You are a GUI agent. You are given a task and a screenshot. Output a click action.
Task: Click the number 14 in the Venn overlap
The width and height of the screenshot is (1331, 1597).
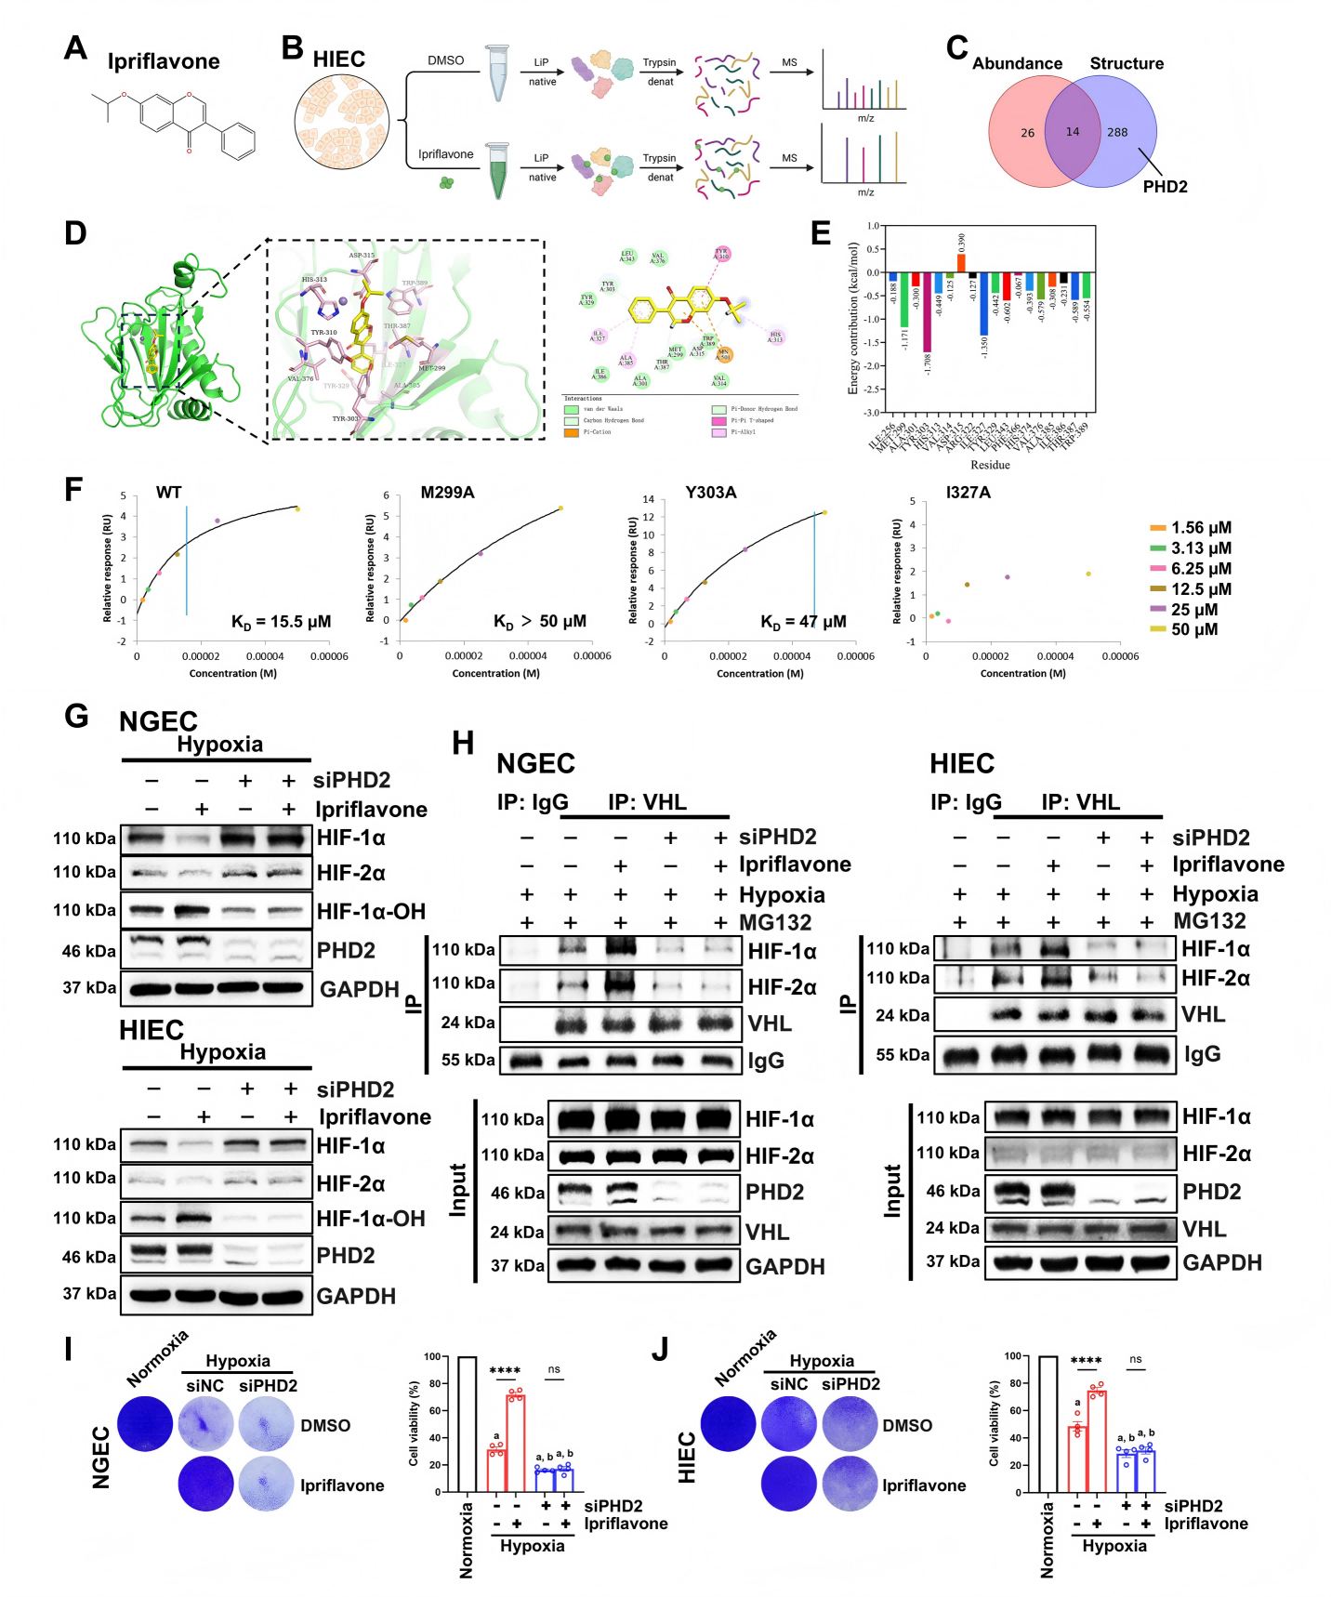pos(1073,132)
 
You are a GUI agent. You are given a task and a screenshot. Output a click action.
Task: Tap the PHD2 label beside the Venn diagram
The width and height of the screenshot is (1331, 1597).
pos(1165,187)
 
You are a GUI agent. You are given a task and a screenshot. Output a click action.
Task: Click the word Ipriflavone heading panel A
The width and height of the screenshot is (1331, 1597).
pos(164,62)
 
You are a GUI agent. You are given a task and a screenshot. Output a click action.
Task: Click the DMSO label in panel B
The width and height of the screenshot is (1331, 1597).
pos(445,60)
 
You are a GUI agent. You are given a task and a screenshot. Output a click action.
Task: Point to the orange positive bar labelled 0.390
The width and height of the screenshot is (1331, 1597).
pos(961,262)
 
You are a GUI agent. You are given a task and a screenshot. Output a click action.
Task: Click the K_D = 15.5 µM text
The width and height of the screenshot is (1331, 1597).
pos(281,622)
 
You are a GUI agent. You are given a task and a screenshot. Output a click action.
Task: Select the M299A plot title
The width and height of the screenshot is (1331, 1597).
pos(447,493)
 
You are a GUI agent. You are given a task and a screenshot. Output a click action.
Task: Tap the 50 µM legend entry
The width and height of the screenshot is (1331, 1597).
pos(1193,629)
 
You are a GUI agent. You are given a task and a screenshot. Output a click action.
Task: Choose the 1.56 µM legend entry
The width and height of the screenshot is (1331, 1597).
pos(1200,528)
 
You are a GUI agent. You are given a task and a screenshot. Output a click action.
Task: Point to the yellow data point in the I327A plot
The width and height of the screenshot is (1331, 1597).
pos(1088,574)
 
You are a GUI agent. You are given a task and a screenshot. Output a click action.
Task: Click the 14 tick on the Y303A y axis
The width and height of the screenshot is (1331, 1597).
pos(648,500)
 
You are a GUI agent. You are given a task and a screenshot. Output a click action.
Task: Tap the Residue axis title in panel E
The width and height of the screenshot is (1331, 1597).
pos(990,465)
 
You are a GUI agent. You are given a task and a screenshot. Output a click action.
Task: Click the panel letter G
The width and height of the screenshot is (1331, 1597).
pos(76,717)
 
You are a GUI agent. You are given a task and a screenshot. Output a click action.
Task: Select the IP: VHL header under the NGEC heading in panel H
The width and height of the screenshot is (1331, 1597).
pos(647,802)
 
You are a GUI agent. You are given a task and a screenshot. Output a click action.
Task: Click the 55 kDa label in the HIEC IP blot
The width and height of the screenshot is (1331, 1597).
pos(902,1055)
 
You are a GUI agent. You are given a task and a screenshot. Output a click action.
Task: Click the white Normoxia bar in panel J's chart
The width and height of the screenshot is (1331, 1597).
pos(1048,1424)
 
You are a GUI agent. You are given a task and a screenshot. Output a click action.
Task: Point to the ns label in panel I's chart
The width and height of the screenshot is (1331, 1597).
pos(554,1369)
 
